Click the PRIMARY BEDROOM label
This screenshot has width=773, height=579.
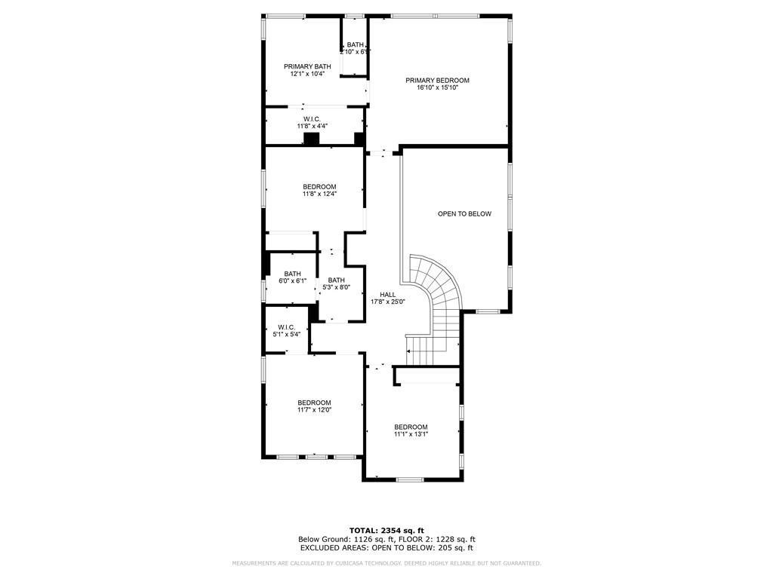tap(437, 81)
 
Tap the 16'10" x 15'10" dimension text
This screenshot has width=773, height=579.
tap(437, 88)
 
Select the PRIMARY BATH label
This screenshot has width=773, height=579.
tap(307, 66)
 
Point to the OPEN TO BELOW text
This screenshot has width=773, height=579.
tap(464, 214)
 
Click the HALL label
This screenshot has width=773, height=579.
tap(387, 295)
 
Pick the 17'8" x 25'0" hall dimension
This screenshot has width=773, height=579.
tap(387, 302)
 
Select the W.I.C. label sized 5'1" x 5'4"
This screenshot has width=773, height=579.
tap(286, 327)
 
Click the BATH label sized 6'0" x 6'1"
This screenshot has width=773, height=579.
tap(292, 274)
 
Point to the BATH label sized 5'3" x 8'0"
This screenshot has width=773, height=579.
tap(336, 280)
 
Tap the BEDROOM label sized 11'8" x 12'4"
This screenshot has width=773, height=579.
tap(319, 187)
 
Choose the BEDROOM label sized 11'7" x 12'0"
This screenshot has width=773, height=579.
tap(314, 403)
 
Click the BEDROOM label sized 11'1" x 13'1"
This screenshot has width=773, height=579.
tap(411, 427)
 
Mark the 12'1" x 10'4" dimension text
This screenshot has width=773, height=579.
tap(307, 74)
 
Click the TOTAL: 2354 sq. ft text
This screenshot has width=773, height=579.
tap(386, 530)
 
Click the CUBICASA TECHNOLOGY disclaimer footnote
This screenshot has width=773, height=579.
tap(386, 564)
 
